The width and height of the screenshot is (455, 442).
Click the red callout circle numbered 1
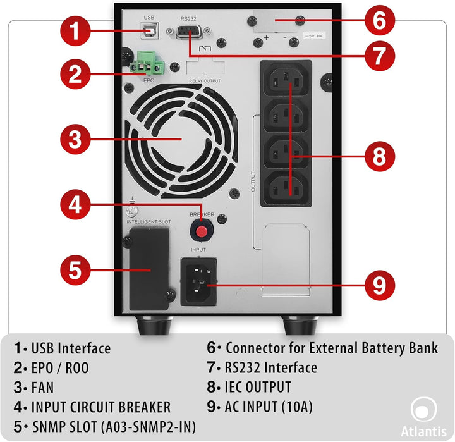[75, 31]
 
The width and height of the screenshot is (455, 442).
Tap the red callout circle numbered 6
[379, 21]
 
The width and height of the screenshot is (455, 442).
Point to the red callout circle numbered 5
[75, 270]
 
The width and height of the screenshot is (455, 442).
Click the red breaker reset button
[201, 232]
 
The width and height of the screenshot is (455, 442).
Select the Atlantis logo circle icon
[422, 408]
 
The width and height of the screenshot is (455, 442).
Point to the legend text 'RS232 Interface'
[271, 367]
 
